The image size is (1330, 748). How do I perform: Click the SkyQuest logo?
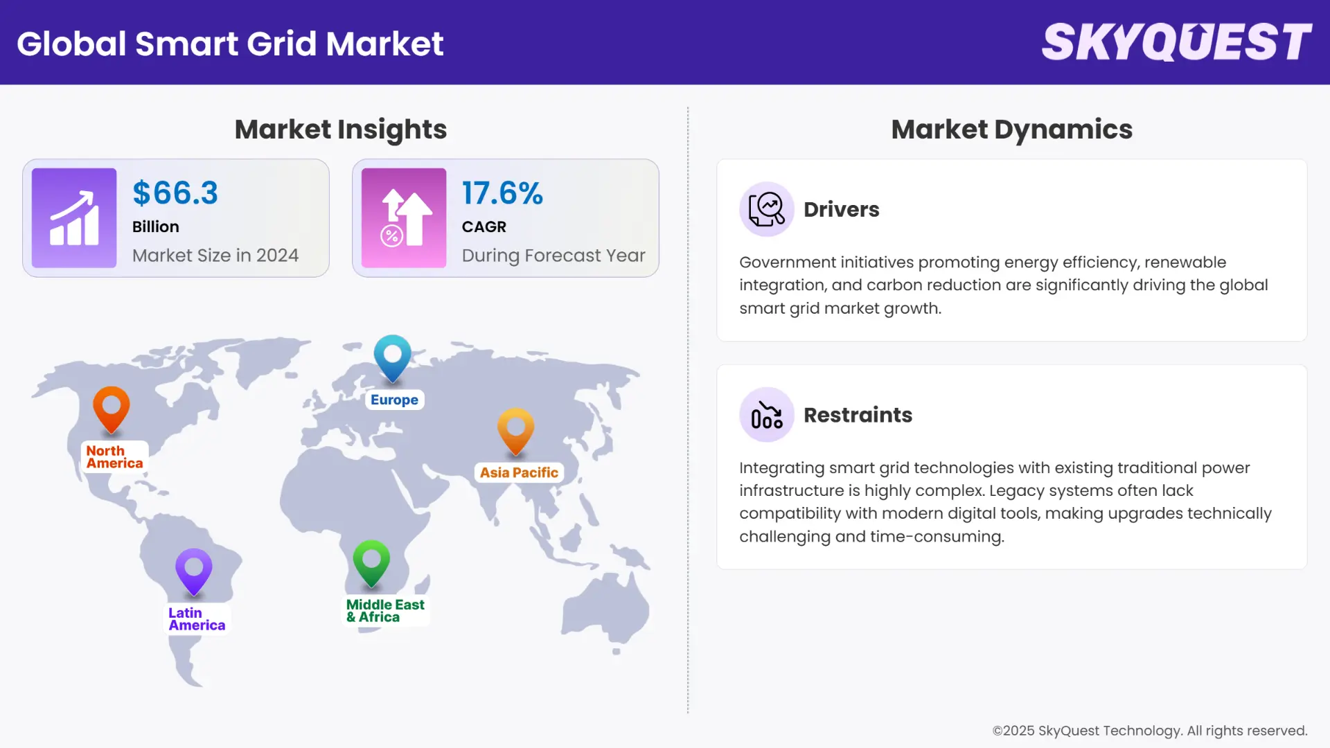tap(1176, 42)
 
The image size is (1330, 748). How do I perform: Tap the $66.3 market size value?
tap(175, 193)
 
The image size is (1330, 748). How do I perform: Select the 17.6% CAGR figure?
tap(502, 193)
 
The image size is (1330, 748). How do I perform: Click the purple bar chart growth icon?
tap(74, 217)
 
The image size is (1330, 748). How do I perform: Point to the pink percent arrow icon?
tap(404, 217)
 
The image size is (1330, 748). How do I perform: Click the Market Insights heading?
tap(340, 130)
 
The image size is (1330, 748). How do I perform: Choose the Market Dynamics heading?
tap(1011, 130)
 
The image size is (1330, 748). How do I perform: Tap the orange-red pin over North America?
tap(112, 409)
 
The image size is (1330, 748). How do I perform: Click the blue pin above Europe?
tap(393, 357)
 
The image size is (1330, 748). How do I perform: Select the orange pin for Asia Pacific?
tap(516, 430)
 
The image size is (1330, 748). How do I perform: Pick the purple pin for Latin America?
tap(194, 571)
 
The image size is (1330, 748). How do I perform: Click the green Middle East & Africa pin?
tap(371, 562)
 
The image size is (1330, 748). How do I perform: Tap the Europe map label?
tap(394, 400)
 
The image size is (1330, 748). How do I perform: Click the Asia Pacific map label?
tap(519, 472)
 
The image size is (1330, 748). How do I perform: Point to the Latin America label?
tap(197, 619)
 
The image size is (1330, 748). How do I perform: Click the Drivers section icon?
tap(766, 209)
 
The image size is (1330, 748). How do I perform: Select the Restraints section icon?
tap(766, 415)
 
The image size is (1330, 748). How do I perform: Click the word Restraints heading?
tap(858, 415)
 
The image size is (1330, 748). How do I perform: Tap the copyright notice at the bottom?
tap(1149, 731)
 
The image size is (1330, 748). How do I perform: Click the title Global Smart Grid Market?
tap(230, 44)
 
